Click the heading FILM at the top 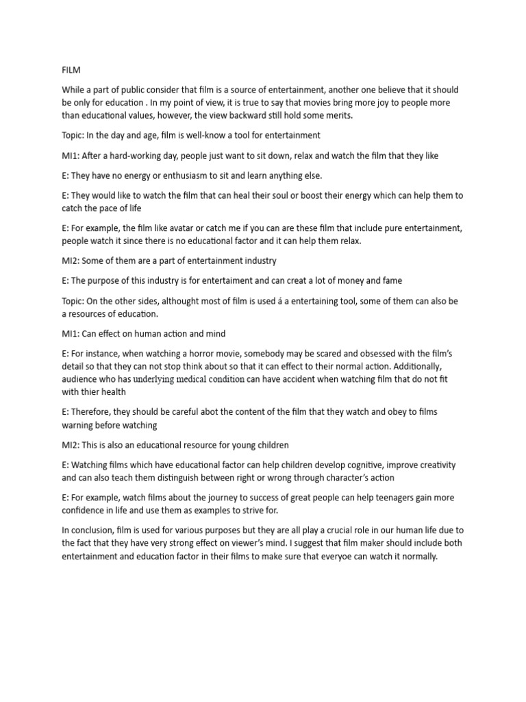pos(71,69)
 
